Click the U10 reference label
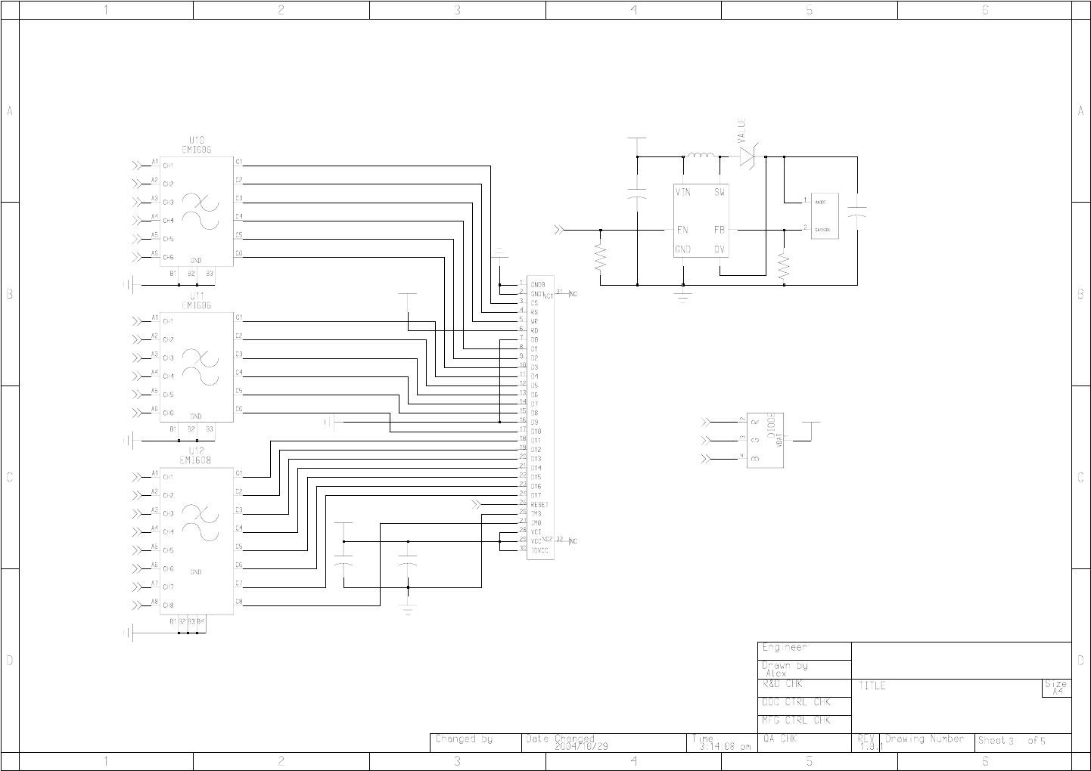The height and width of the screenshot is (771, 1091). point(196,141)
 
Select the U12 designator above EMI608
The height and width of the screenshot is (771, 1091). point(196,451)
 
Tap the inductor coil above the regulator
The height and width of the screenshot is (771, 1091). point(701,157)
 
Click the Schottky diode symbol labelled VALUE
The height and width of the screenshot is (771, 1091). point(748,156)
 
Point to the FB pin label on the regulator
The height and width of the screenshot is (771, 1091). point(720,230)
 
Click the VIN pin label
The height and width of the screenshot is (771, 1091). point(682,193)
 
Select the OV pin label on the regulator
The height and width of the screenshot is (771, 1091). point(720,249)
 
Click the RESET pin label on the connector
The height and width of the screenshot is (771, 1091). point(539,505)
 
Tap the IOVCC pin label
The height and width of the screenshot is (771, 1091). point(540,551)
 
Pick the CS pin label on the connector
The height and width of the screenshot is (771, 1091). point(534,303)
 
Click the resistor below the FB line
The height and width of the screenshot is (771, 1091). point(784,266)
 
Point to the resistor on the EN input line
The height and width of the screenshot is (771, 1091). point(601,257)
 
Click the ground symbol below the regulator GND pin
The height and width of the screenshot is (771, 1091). point(683,296)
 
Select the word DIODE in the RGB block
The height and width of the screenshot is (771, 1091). point(772,426)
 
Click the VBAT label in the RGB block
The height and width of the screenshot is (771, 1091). point(779,444)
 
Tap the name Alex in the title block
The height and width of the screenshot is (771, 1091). point(776,673)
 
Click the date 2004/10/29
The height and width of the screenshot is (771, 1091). point(581,746)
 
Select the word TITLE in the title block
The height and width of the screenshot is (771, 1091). point(872,686)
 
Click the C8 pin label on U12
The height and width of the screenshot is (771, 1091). point(238,602)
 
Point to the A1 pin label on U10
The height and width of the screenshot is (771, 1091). point(154,162)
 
